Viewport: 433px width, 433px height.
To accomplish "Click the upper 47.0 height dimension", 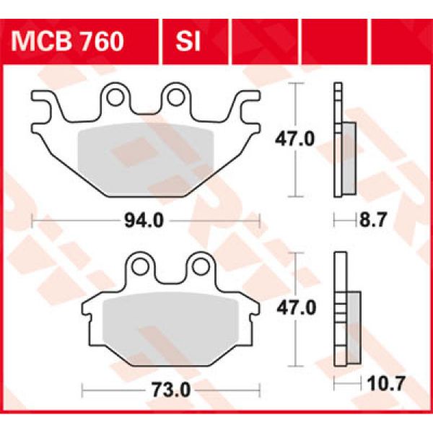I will point(300,139).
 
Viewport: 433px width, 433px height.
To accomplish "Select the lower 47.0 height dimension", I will point(300,308).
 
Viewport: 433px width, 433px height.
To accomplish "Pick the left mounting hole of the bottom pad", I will point(142,266).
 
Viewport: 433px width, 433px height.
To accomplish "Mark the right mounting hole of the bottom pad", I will point(200,266).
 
